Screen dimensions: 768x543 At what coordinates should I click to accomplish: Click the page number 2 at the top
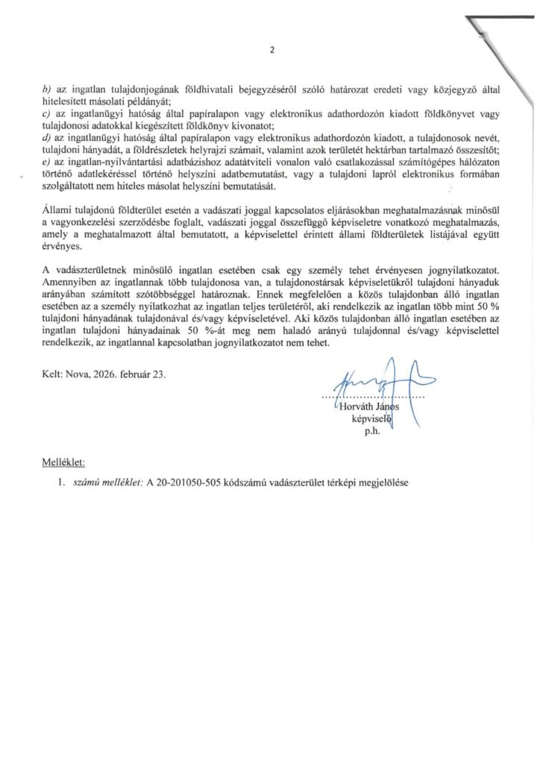tap(271, 51)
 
